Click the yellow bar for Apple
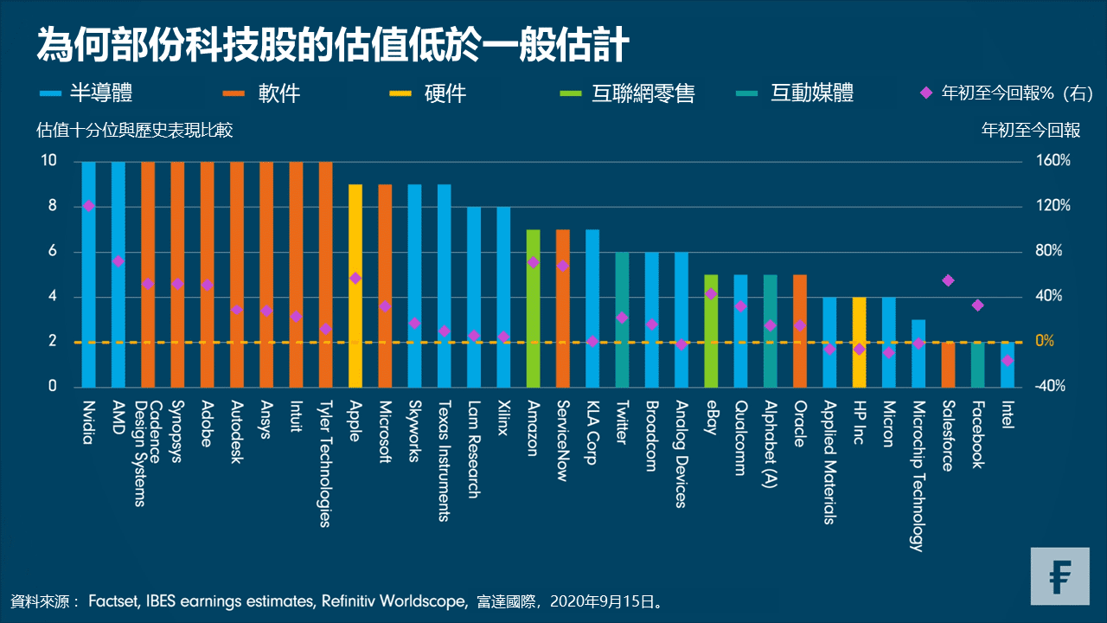pyautogui.click(x=355, y=286)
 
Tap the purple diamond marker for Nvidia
pyautogui.click(x=88, y=206)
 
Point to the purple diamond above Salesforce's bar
pyautogui.click(x=948, y=280)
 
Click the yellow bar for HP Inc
pyautogui.click(x=859, y=342)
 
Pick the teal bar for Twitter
pyautogui.click(x=622, y=319)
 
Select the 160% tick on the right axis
pyautogui.click(x=1054, y=161)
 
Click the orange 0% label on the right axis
pyautogui.click(x=1045, y=341)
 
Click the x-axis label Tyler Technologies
pyautogui.click(x=325, y=463)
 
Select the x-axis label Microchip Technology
pyautogui.click(x=918, y=475)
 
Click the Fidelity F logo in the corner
pyautogui.click(x=1059, y=576)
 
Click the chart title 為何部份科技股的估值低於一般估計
pyautogui.click(x=331, y=45)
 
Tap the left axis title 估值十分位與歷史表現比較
pyautogui.click(x=134, y=131)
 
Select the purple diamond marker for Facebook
pyautogui.click(x=977, y=305)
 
